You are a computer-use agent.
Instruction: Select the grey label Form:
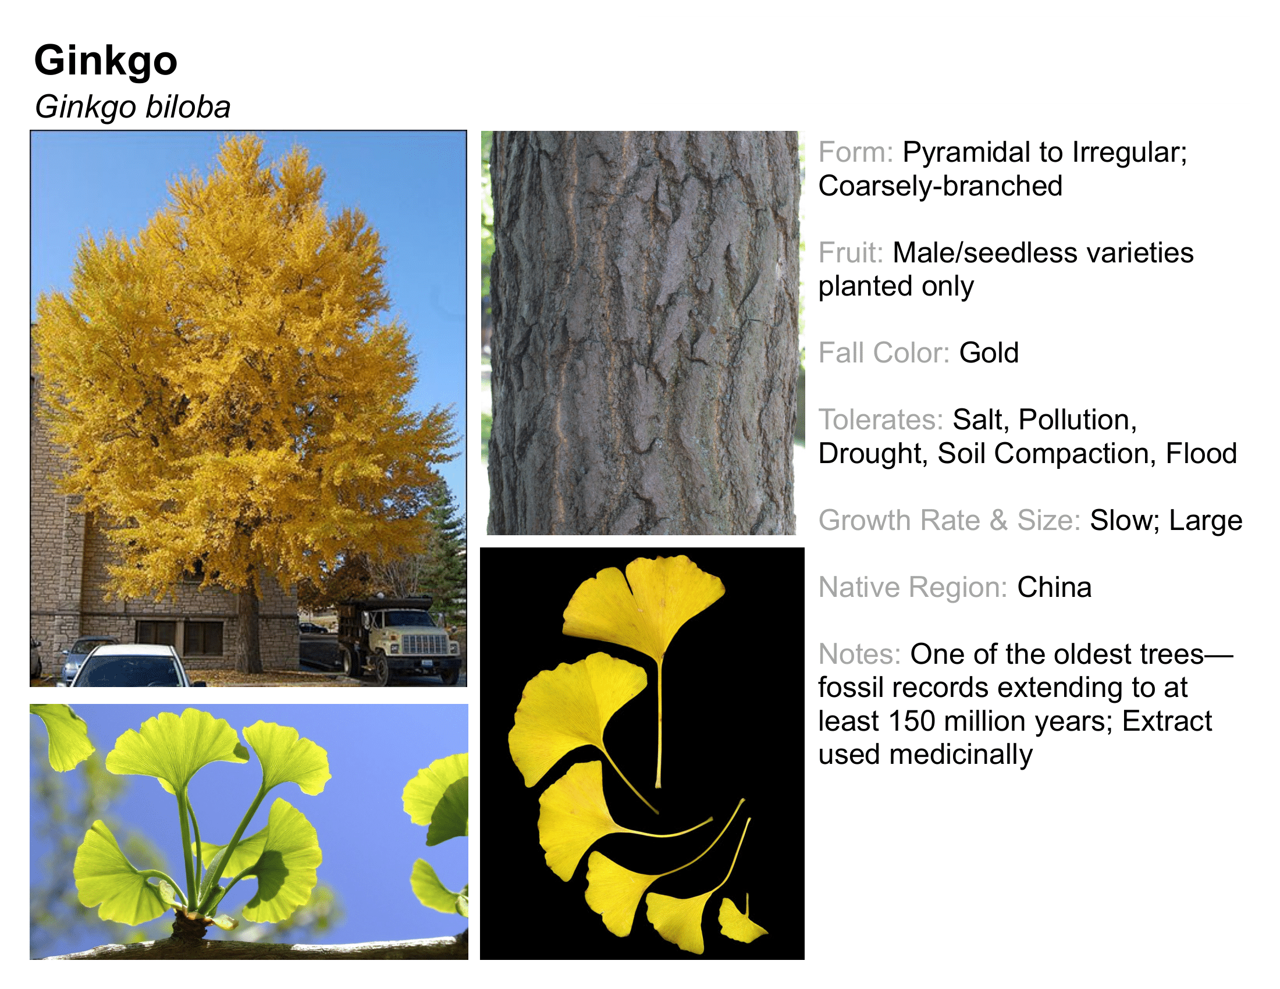(856, 152)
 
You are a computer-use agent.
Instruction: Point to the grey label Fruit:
(851, 253)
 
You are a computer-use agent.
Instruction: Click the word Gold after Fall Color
(989, 353)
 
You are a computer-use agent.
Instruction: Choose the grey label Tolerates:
(881, 420)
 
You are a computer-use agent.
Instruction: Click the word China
(1054, 588)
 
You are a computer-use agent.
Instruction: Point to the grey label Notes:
(859, 654)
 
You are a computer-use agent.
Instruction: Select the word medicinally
(961, 755)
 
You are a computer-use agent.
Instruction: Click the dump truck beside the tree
(399, 640)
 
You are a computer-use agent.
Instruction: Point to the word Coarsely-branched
(940, 186)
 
